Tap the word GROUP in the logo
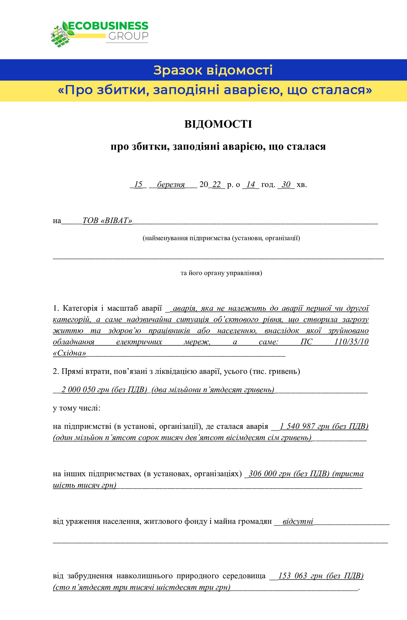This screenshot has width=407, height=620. point(128,36)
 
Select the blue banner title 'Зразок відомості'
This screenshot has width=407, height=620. point(213,70)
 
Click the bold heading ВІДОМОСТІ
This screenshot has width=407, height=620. point(218,124)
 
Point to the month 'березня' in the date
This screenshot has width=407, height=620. point(171,185)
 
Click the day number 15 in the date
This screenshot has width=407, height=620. point(138,185)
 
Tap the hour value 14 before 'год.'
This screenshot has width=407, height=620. point(251,185)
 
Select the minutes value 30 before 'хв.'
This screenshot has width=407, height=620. point(286,185)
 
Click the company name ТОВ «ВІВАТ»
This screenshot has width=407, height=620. point(107,221)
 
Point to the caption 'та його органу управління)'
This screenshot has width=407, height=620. point(221,273)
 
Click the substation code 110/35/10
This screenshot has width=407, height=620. point(351,342)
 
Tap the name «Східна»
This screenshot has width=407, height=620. point(69,353)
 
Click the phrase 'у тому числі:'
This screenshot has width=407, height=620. point(77,408)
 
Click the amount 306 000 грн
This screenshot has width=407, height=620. point(271,474)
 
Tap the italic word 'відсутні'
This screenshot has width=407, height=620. point(298,521)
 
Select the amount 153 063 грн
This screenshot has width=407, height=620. point(300,576)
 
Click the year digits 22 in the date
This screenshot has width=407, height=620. point(216,185)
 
